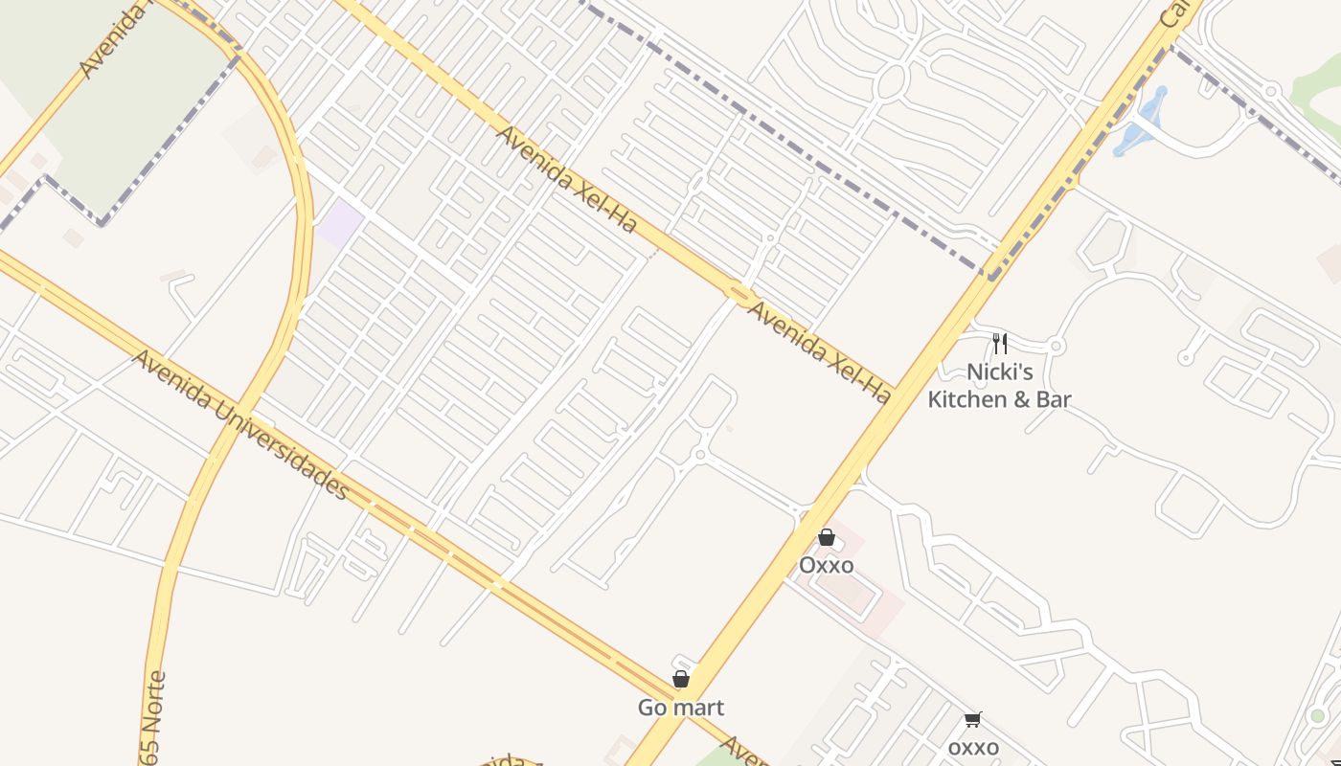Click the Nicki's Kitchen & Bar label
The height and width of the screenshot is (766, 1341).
999,385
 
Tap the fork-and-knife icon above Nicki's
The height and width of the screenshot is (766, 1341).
999,343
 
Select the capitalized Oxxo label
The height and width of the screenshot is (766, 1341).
826,565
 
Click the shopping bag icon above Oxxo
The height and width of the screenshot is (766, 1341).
826,537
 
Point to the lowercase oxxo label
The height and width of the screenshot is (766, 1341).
972,747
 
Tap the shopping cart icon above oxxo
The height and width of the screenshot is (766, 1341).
972,719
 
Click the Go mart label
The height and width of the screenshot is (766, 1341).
681,708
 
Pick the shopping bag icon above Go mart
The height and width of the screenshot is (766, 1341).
681,679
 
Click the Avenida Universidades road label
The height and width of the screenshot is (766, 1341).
240,424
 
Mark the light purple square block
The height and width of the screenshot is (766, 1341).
340,222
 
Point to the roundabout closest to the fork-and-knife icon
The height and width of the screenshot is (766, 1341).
1057,345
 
